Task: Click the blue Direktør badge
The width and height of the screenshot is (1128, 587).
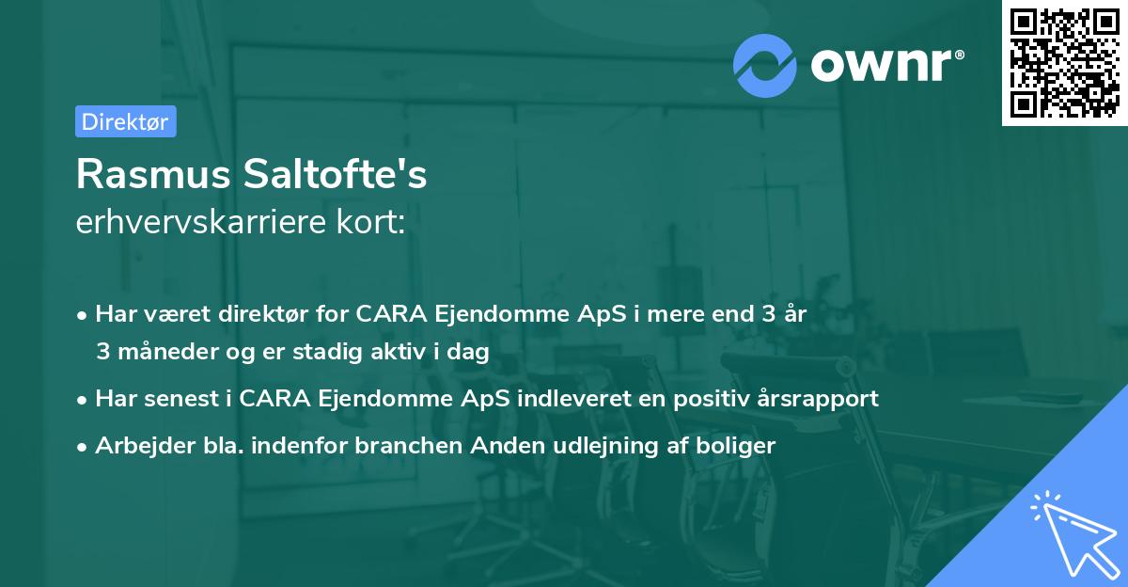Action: [x=125, y=121]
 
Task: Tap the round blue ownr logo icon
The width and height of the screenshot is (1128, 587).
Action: [x=765, y=65]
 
